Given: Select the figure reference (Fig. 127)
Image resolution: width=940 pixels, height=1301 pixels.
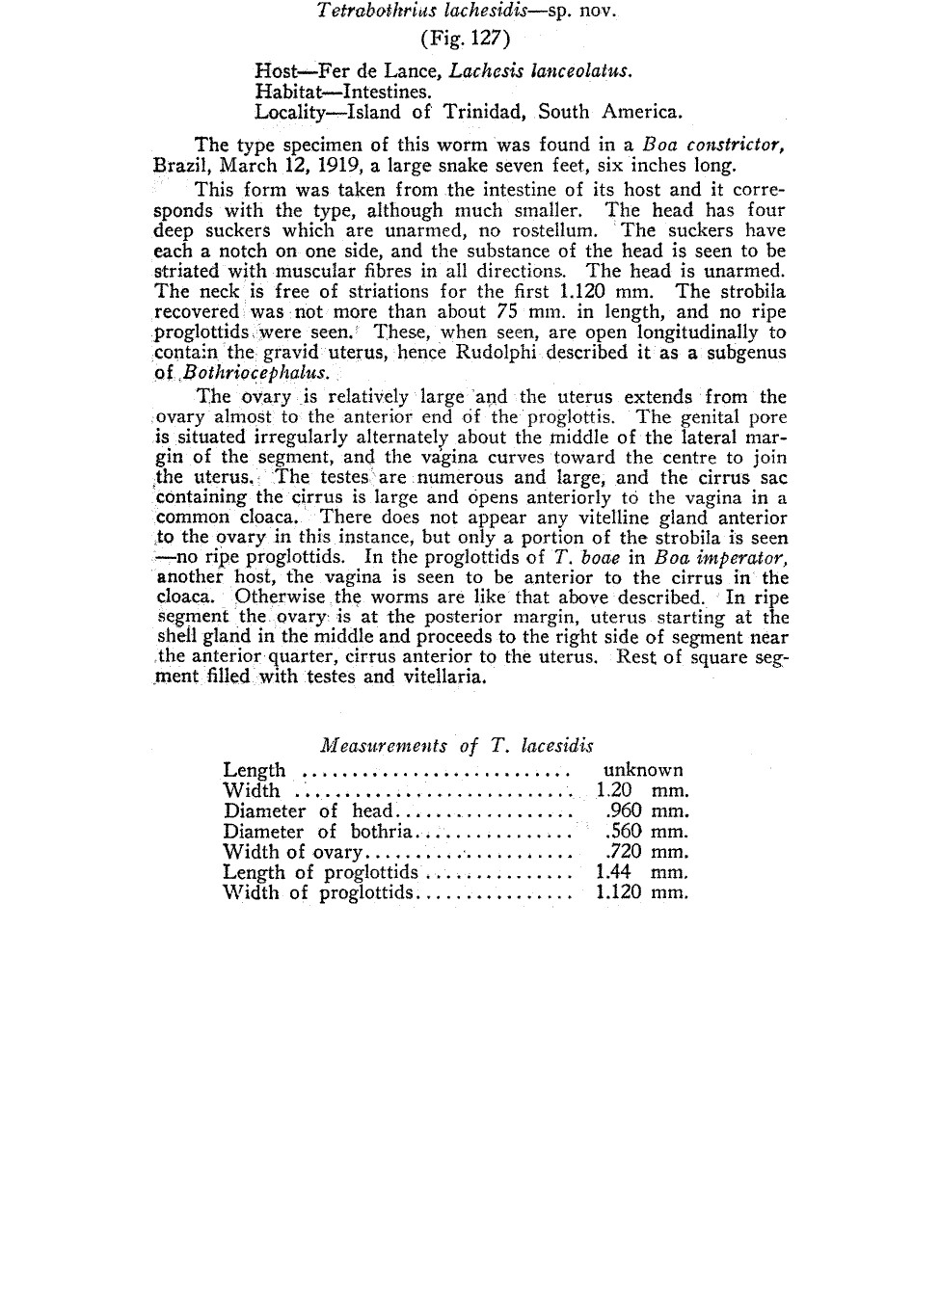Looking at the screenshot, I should tap(466, 40).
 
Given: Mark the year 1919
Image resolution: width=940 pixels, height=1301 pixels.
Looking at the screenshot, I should tap(338, 164).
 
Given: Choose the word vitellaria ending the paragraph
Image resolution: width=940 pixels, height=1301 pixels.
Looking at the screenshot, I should tap(445, 677).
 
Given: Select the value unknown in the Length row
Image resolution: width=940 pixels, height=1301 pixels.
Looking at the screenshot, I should tap(642, 770).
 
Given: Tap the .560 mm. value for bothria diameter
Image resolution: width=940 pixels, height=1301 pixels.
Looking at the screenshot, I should tap(646, 832).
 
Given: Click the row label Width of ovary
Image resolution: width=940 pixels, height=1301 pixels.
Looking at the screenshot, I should tap(292, 852).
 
